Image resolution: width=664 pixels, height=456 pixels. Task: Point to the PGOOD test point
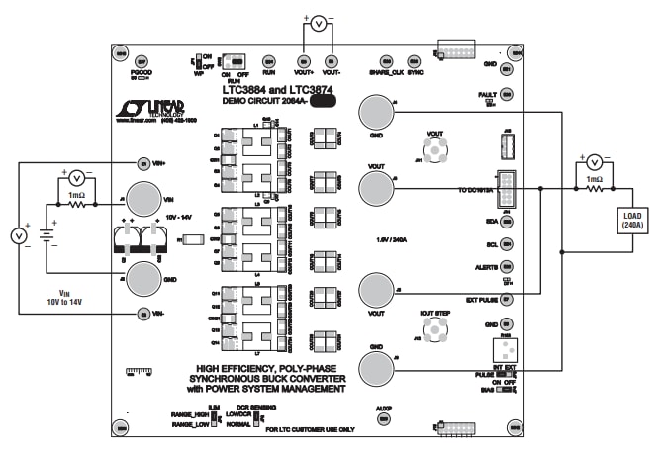pos(140,60)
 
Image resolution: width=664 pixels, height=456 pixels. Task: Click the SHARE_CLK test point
pos(387,60)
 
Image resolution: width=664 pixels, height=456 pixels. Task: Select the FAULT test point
pos(507,94)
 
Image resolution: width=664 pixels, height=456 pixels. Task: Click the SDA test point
pos(507,223)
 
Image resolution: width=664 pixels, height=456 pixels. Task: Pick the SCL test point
pos(507,244)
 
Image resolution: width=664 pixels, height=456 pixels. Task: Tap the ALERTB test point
pos(507,267)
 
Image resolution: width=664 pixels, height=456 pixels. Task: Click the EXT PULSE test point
pos(507,299)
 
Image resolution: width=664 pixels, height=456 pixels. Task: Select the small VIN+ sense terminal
pos(144,163)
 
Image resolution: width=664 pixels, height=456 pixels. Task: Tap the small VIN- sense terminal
pos(144,315)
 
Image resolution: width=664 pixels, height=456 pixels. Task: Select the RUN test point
pos(268,60)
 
